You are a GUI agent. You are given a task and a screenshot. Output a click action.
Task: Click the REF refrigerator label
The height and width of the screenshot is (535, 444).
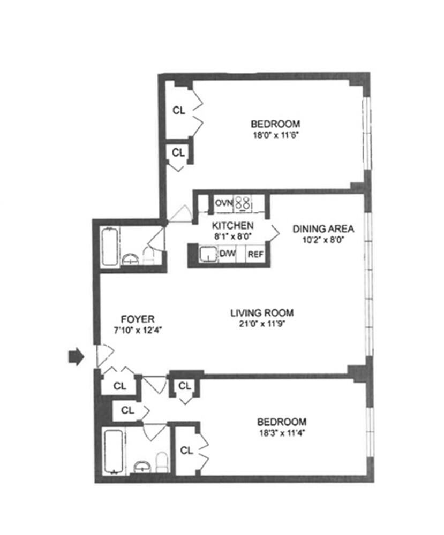(x=254, y=254)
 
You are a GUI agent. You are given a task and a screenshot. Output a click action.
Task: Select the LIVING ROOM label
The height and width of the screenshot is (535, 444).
(x=262, y=313)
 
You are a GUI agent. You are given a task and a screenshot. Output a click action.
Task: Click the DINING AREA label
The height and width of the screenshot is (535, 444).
(x=323, y=229)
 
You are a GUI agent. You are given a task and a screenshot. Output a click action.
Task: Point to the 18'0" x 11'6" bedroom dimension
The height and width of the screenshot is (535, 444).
(x=275, y=135)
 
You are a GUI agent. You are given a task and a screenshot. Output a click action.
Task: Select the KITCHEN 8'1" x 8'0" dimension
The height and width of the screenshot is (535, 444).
(x=231, y=234)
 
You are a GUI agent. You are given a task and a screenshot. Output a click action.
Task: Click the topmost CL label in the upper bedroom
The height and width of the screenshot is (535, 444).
(x=179, y=111)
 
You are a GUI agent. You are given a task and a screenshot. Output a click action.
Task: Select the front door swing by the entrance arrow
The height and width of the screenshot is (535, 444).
(x=104, y=353)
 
